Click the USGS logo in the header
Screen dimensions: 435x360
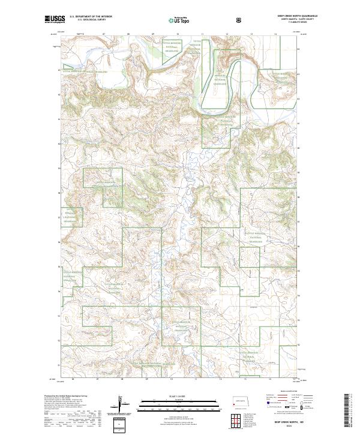tap(55, 20)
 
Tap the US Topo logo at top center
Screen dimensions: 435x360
tap(180, 20)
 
